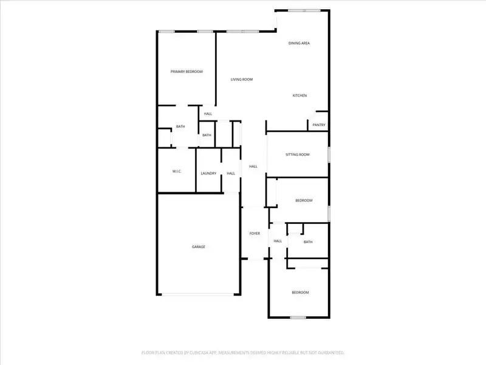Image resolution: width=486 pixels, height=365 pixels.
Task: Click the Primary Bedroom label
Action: pos(187,72)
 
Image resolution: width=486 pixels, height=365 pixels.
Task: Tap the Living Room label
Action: pos(242,80)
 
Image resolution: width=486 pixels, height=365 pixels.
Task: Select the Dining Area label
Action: pos(299,43)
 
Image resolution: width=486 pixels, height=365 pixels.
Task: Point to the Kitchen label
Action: pos(300,96)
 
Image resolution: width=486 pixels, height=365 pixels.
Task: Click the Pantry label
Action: pos(319,125)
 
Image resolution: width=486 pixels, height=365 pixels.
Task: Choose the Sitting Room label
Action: pos(298,155)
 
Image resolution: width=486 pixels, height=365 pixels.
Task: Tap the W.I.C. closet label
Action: pos(177,171)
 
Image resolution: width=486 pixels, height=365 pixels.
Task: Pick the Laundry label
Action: pos(208,173)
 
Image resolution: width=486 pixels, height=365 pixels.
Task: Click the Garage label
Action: pos(199,246)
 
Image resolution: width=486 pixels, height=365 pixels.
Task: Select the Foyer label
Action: pos(255,234)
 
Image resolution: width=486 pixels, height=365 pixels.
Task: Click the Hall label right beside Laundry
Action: pos(231,173)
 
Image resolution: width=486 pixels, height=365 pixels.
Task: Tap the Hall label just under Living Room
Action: pos(208,114)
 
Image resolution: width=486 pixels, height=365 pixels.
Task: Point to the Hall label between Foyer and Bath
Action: pos(278,241)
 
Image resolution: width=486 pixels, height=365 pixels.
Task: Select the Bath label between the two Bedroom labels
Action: pos(308,242)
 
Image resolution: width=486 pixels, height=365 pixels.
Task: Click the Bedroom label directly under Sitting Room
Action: pos(304,201)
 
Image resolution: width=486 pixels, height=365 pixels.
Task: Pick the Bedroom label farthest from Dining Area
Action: pos(300,293)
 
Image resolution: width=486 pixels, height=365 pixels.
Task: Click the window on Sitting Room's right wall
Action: pos(329,155)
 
